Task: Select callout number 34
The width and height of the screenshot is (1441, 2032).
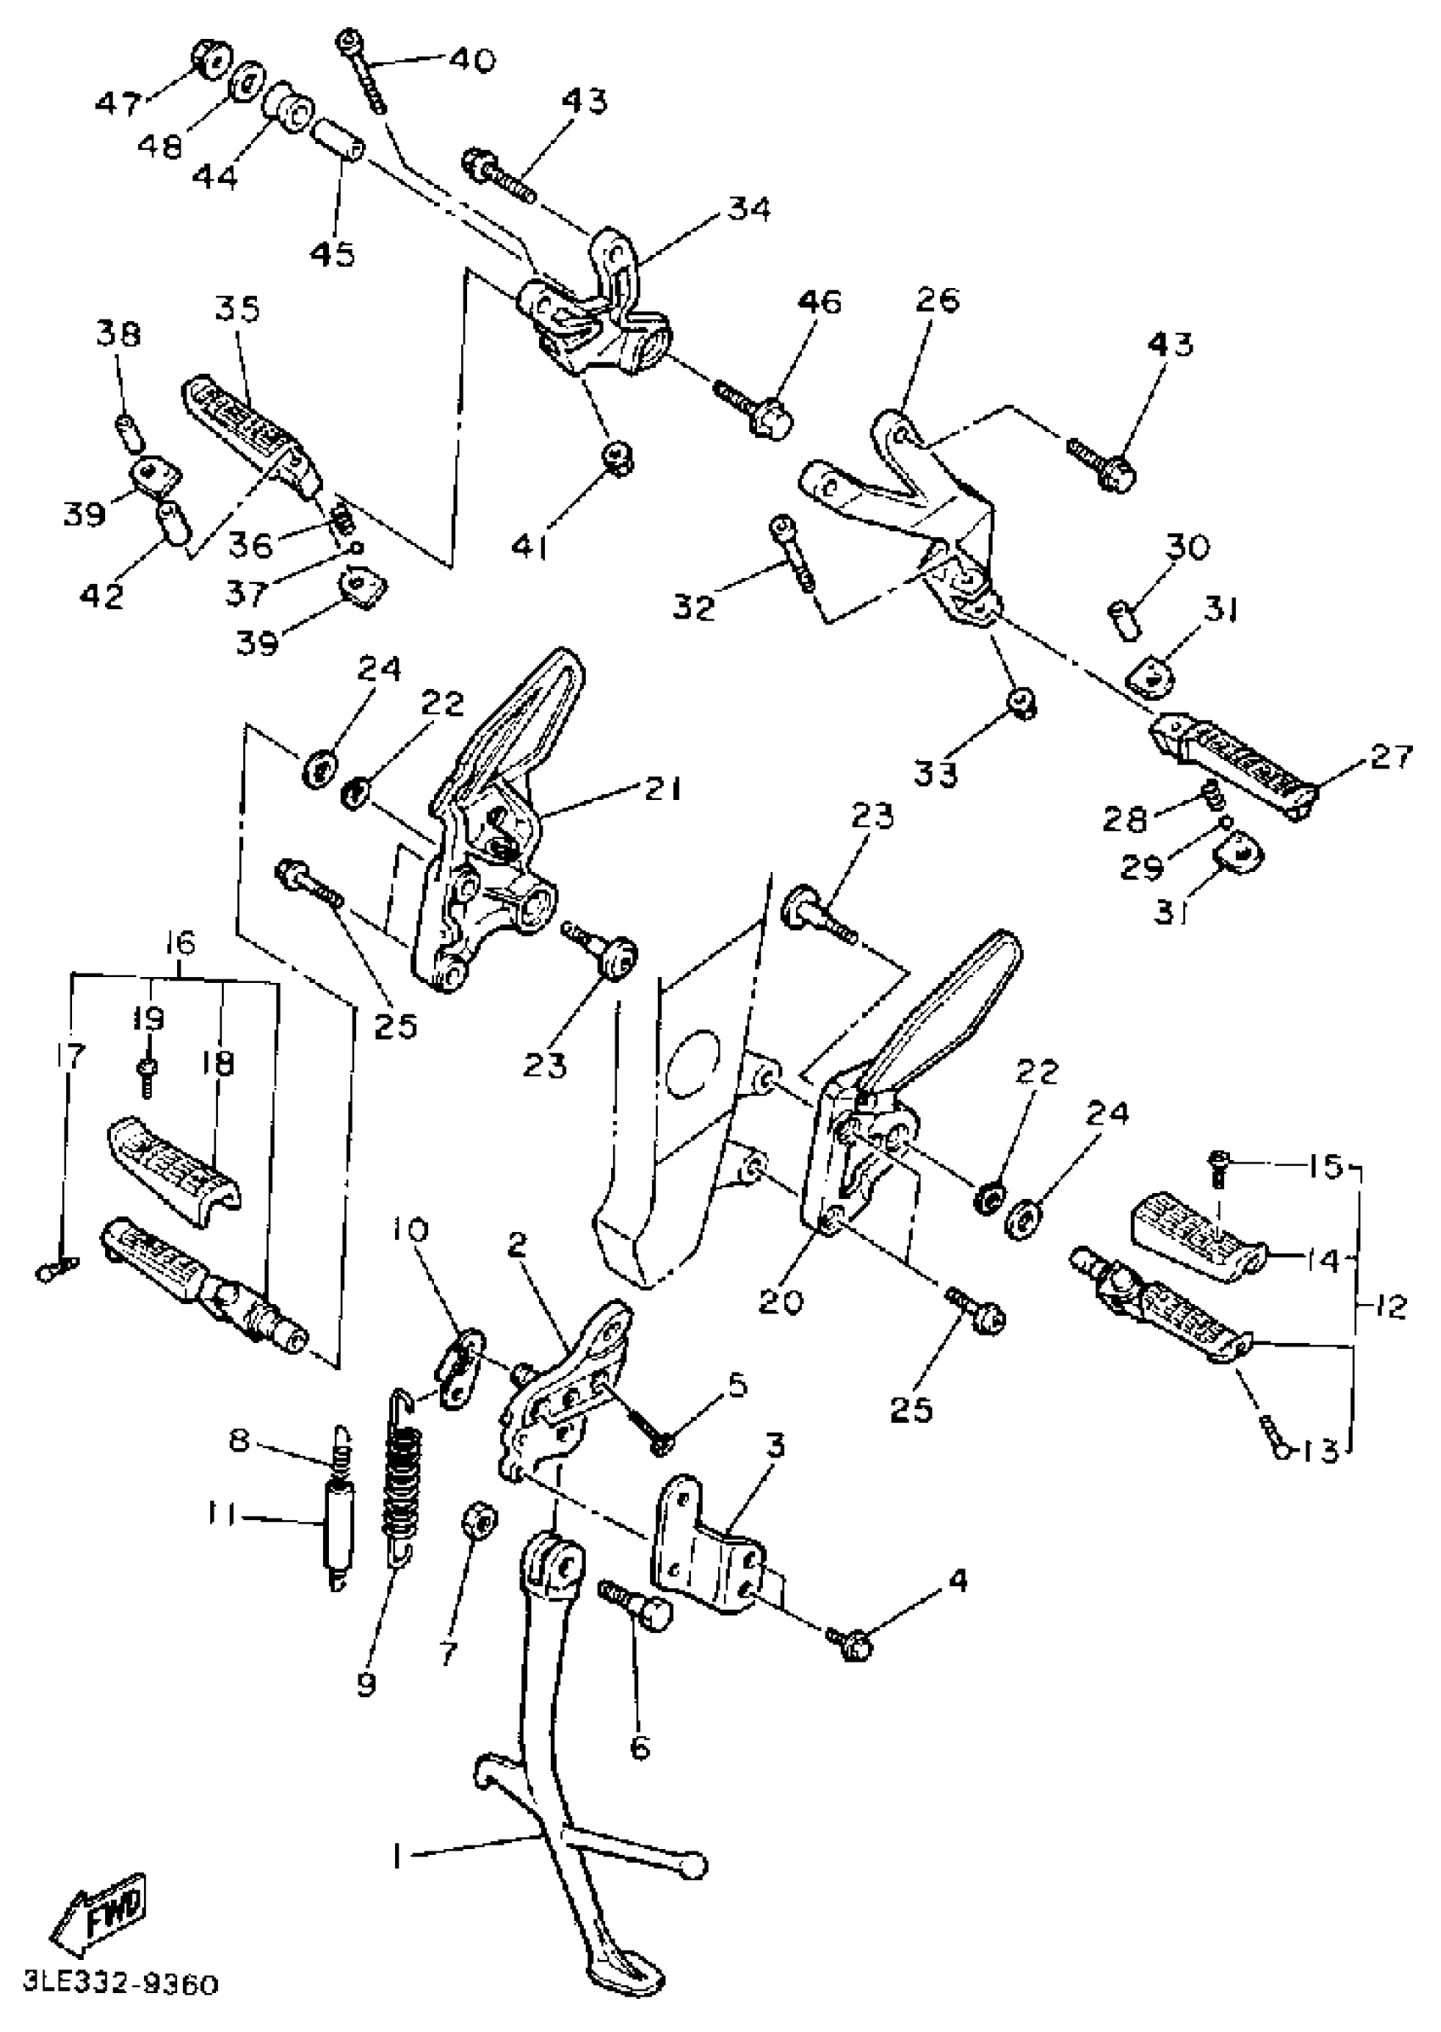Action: pos(750,209)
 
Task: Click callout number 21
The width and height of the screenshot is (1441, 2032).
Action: pos(663,789)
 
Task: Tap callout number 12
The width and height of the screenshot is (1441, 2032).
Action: pos(1384,1308)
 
